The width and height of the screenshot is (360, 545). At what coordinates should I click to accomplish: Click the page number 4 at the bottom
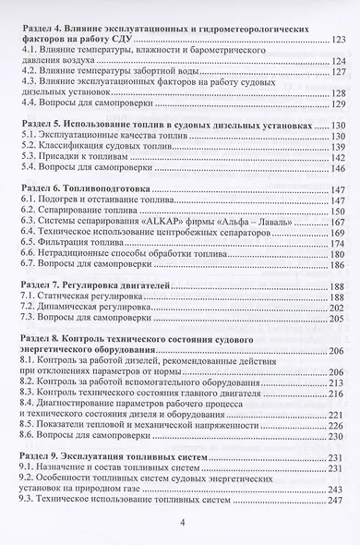point(182,522)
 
